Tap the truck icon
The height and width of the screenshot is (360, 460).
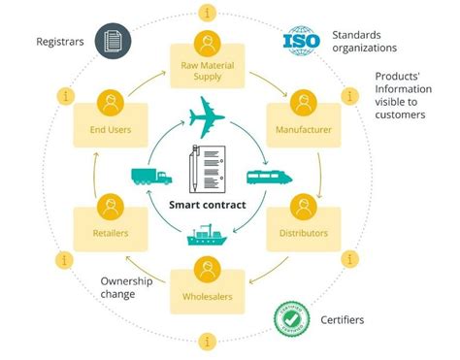click(x=149, y=176)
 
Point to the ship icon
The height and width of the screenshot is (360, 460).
click(x=208, y=237)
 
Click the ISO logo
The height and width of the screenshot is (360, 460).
click(x=301, y=42)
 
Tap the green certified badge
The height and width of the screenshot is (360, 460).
click(x=289, y=317)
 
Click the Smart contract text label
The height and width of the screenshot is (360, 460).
click(x=208, y=205)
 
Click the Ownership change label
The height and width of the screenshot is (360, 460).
click(x=127, y=288)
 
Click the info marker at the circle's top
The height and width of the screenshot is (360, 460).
click(x=207, y=13)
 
